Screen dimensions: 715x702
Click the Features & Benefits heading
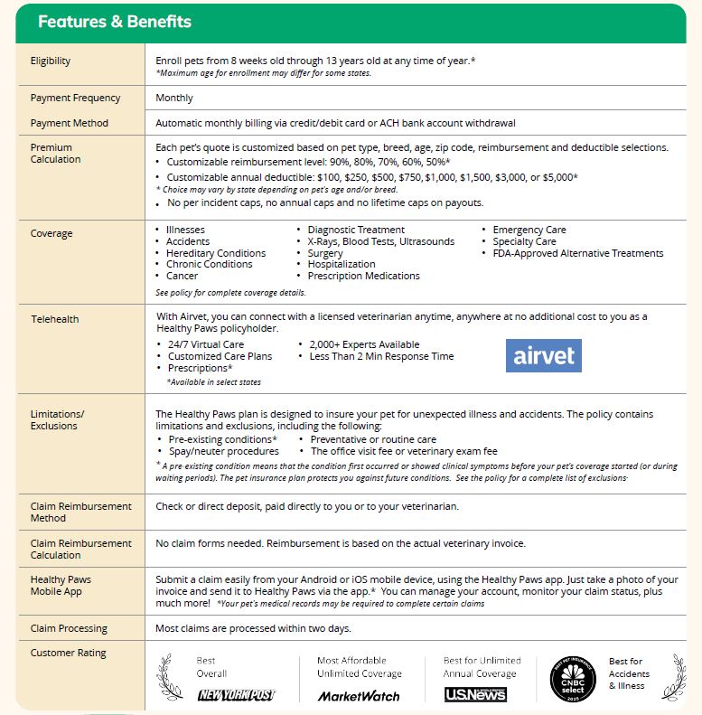(x=114, y=22)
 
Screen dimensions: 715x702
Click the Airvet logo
(x=543, y=355)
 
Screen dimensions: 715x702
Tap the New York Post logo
(x=236, y=695)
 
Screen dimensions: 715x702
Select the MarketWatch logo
(x=358, y=696)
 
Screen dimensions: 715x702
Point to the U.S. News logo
(x=475, y=694)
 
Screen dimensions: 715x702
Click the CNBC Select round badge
(x=573, y=678)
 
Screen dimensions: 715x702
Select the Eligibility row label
(x=51, y=61)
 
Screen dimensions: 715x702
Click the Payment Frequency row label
(x=74, y=98)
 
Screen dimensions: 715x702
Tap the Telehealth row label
(x=55, y=319)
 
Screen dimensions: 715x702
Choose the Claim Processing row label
(x=69, y=628)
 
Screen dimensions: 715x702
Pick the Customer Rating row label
(x=68, y=653)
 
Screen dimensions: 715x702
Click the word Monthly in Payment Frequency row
(x=174, y=98)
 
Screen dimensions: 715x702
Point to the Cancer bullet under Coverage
(x=182, y=276)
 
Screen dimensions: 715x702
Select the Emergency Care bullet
(x=529, y=230)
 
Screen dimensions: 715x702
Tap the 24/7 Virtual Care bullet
(x=205, y=344)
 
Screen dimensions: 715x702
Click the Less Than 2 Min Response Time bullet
(x=381, y=356)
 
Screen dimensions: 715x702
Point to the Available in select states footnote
(x=214, y=382)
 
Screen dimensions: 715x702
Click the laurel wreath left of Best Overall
(x=170, y=677)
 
